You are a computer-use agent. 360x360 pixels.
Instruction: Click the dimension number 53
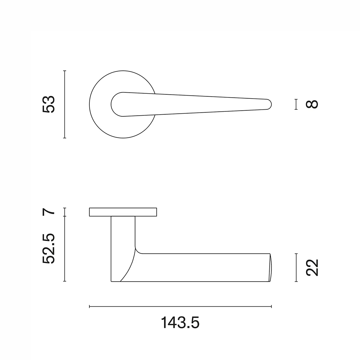[x=49, y=104]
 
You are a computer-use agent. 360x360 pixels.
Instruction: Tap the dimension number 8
[x=312, y=104]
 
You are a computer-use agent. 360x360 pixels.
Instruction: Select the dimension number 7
[x=49, y=211]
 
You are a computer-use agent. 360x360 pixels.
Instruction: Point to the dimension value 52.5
[x=49, y=248]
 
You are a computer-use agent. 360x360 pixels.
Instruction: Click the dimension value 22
[x=312, y=267]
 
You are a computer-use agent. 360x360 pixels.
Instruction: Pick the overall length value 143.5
[x=180, y=323]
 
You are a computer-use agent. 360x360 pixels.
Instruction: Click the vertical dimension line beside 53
[x=65, y=104]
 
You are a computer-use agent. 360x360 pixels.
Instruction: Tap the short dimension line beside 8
[x=296, y=104]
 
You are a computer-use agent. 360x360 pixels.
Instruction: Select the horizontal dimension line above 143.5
[x=180, y=306]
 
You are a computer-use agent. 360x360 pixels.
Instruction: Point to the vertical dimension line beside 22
[x=296, y=267]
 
